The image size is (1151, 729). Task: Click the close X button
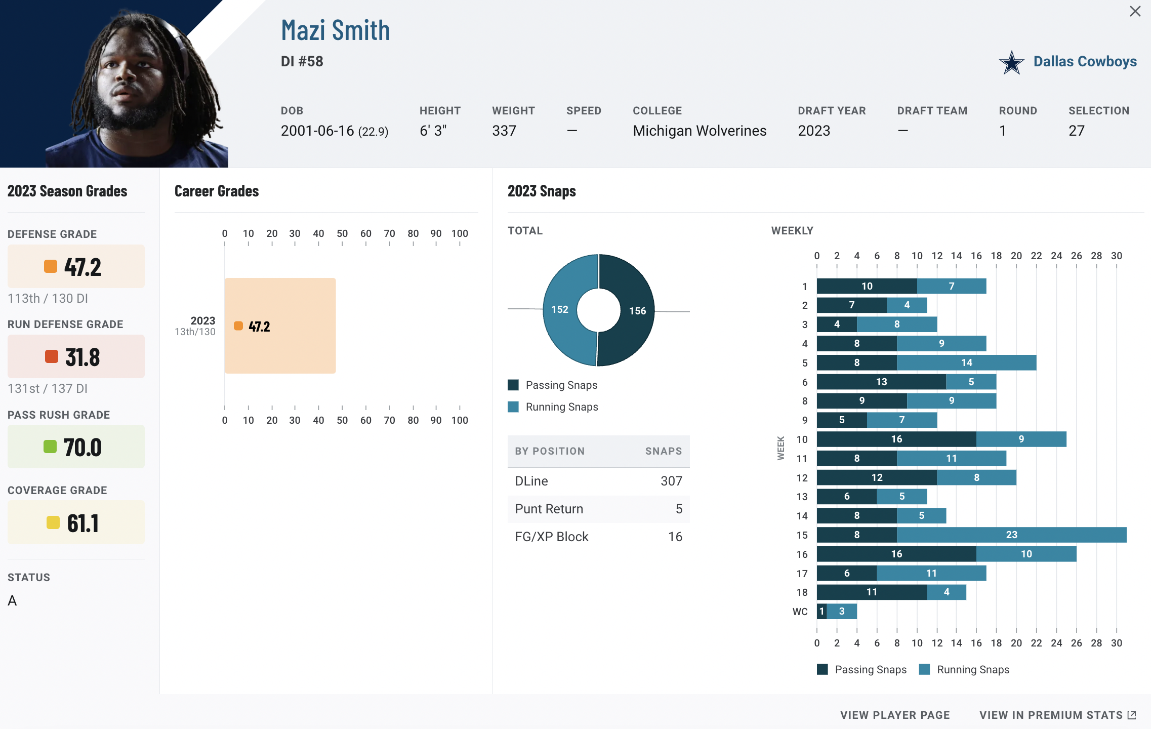1135,11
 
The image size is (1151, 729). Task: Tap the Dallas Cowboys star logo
1011,63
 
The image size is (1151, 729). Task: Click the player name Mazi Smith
336,30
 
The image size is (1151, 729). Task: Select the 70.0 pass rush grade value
83,448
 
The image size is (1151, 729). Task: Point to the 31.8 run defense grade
83,357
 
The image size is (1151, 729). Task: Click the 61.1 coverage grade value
83,523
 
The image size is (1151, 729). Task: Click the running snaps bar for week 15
1011,535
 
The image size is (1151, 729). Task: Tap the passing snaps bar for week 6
881,382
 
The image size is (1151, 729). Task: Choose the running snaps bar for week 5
966,362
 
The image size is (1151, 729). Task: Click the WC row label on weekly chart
800,612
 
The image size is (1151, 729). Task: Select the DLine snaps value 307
671,481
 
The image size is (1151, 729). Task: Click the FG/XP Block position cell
552,537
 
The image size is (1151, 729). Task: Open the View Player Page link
895,715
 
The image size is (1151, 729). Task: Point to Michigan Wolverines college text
700,131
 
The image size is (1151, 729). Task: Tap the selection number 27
1077,131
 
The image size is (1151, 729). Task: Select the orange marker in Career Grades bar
238,326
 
